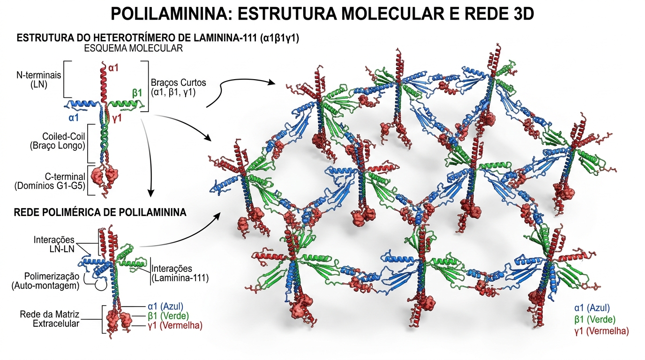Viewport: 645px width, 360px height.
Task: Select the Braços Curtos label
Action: [173, 88]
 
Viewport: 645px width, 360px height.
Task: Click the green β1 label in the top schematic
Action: [137, 93]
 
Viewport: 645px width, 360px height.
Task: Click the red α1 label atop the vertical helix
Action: [114, 68]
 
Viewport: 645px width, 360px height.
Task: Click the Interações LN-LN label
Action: [54, 244]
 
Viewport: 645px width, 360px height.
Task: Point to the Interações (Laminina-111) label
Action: [180, 273]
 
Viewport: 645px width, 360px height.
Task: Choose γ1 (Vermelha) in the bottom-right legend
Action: [601, 331]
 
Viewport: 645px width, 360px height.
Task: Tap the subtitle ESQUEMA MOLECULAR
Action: [133, 48]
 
